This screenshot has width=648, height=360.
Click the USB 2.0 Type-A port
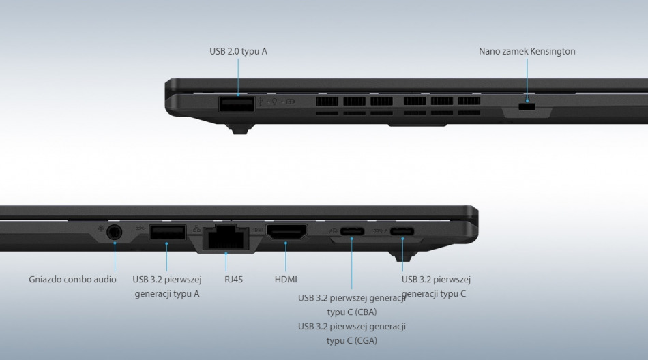click(x=237, y=104)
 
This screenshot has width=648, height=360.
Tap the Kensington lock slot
click(x=527, y=106)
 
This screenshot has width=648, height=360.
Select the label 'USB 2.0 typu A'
click(x=238, y=51)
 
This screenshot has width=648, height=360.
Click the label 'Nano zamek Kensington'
click(x=527, y=51)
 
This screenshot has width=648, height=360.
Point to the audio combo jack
click(x=115, y=232)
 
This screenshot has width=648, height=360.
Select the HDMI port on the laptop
click(x=286, y=231)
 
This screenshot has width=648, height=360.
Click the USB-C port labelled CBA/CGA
click(x=352, y=231)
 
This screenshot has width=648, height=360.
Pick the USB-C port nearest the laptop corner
click(x=402, y=231)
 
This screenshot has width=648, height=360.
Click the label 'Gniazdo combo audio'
click(x=72, y=280)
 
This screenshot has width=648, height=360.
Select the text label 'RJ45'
click(x=233, y=280)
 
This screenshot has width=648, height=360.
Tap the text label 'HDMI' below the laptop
click(x=286, y=280)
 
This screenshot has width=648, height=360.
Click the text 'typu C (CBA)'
click(x=352, y=312)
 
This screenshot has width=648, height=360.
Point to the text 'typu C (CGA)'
click(x=352, y=341)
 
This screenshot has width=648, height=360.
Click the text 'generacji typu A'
click(x=167, y=294)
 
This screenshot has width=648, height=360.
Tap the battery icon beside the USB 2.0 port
click(x=291, y=102)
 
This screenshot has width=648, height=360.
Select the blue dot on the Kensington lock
click(x=527, y=100)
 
